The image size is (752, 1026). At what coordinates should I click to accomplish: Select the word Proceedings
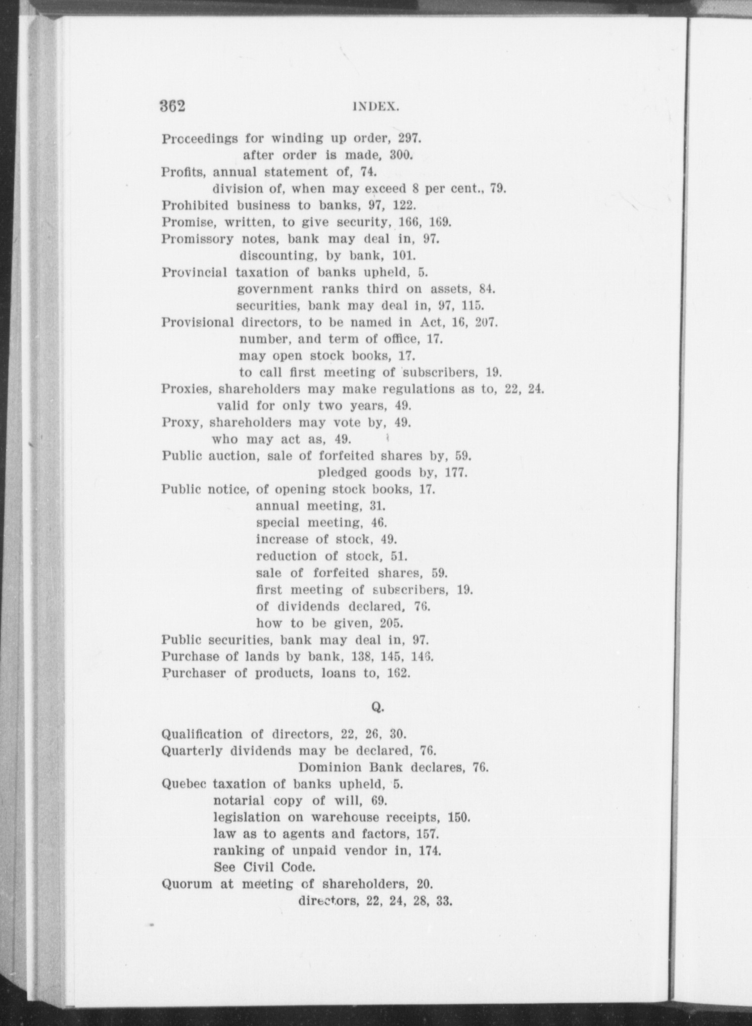pyautogui.click(x=200, y=139)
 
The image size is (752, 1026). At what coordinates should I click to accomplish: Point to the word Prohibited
pyautogui.click(x=195, y=205)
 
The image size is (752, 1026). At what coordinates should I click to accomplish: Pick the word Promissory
pyautogui.click(x=197, y=239)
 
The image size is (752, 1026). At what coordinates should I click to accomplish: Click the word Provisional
pyautogui.click(x=198, y=322)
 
